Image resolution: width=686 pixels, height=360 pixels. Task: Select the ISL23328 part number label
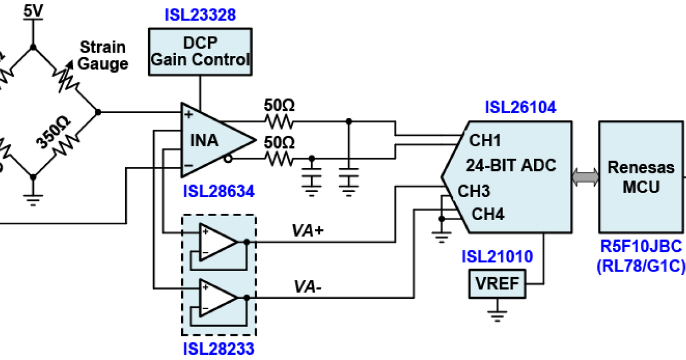click(200, 14)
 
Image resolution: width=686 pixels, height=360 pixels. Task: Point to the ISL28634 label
click(218, 190)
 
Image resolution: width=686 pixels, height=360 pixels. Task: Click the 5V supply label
click(33, 10)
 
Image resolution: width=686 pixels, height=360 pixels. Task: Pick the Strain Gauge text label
click(103, 55)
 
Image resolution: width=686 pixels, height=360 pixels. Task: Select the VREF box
click(497, 284)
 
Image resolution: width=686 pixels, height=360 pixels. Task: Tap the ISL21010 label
click(497, 257)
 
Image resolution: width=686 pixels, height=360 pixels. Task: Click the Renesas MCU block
click(641, 177)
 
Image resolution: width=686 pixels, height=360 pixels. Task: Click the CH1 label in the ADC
click(485, 141)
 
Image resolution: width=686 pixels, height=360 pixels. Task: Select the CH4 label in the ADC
click(488, 214)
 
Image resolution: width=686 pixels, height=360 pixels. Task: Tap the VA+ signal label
click(308, 230)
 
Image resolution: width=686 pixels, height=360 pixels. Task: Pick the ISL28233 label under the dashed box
click(218, 348)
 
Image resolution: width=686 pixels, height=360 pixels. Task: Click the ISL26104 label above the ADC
click(520, 107)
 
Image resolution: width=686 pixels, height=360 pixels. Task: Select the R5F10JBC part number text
click(641, 247)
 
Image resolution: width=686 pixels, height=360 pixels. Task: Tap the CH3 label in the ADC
click(474, 190)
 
